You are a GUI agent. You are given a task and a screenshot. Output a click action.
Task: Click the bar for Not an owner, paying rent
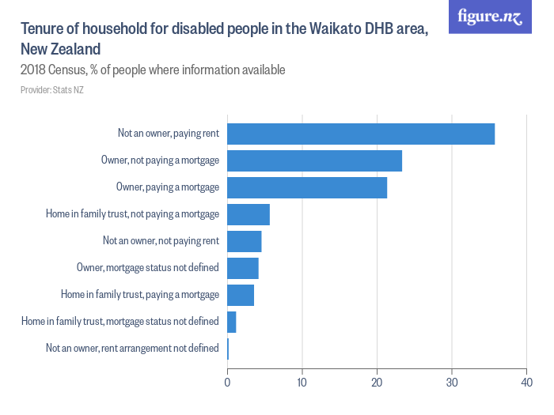[x=361, y=134]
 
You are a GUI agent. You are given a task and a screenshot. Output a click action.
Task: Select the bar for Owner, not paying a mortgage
[x=314, y=160]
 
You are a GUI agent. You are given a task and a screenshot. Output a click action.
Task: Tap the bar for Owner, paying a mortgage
[x=307, y=187]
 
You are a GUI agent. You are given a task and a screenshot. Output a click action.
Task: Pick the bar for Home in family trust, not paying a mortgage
[x=249, y=214]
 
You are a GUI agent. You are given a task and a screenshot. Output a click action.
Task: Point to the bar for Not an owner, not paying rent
[x=244, y=241]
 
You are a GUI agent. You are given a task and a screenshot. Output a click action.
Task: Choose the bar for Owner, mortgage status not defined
[x=243, y=268]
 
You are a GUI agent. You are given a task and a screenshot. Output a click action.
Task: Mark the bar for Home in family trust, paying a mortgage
[x=241, y=295]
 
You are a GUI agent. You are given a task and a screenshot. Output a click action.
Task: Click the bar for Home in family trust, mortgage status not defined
[x=232, y=322]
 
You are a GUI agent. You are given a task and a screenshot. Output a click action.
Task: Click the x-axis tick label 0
[x=227, y=383]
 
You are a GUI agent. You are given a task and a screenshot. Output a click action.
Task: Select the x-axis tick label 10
[x=302, y=383]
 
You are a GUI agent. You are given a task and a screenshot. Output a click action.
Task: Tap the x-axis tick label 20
[x=377, y=383]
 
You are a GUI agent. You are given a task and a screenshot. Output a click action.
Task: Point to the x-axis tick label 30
[x=451, y=383]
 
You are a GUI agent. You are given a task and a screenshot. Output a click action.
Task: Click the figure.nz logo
[x=490, y=17]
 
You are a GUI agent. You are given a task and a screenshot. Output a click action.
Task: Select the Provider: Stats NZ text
[x=52, y=90]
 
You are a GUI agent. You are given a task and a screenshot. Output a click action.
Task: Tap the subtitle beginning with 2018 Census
[x=153, y=70]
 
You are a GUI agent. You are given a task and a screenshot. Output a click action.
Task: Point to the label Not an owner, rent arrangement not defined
[x=132, y=348]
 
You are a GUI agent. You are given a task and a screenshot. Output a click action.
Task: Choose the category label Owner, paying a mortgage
[x=168, y=187]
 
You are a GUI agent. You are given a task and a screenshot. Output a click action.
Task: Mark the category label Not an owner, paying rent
[x=169, y=134]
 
